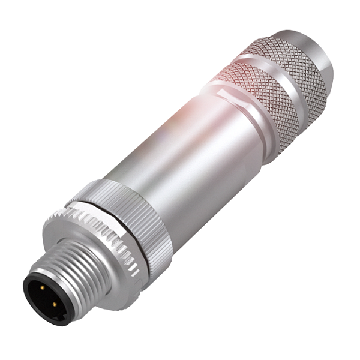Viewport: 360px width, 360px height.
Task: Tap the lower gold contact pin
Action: (x=54, y=305)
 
